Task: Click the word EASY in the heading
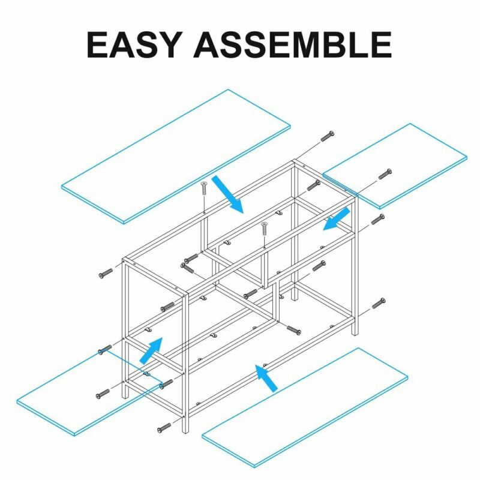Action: click(x=133, y=44)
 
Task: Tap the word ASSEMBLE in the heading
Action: click(x=293, y=44)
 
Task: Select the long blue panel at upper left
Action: click(x=176, y=157)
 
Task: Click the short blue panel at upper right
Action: click(x=395, y=166)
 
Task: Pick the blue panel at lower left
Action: click(x=89, y=393)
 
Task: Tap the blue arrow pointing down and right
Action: click(x=228, y=194)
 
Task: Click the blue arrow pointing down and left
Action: click(x=337, y=218)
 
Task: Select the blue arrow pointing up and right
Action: click(x=151, y=350)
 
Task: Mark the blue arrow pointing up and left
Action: click(x=266, y=378)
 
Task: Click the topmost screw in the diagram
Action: click(x=327, y=136)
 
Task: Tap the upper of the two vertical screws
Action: click(x=204, y=188)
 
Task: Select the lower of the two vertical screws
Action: click(x=265, y=229)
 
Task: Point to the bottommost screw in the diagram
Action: click(x=164, y=428)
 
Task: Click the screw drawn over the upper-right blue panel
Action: click(x=385, y=174)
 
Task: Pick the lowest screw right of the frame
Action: click(x=379, y=303)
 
